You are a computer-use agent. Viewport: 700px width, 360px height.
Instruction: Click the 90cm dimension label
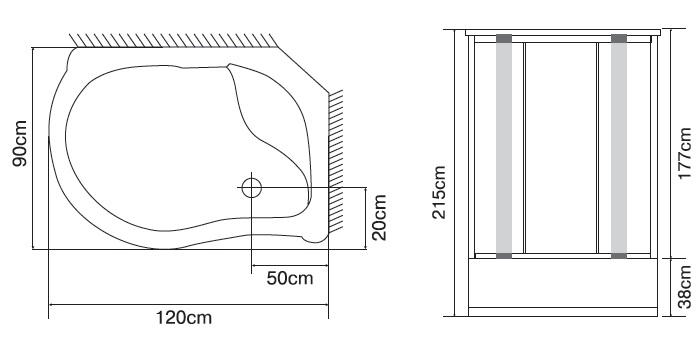pyautogui.click(x=20, y=143)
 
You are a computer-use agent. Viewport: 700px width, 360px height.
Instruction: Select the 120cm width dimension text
pyautogui.click(x=183, y=318)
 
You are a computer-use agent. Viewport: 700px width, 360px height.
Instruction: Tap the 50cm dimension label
pyautogui.click(x=290, y=278)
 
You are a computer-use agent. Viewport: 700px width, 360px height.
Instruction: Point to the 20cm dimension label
pyautogui.click(x=379, y=217)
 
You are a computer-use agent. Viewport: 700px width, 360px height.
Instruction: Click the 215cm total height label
pyautogui.click(x=439, y=192)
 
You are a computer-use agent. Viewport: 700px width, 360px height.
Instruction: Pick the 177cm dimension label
pyautogui.click(x=685, y=153)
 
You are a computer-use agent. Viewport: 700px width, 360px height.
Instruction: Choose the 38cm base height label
pyautogui.click(x=685, y=286)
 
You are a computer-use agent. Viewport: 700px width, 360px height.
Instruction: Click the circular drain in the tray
pyautogui.click(x=251, y=188)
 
